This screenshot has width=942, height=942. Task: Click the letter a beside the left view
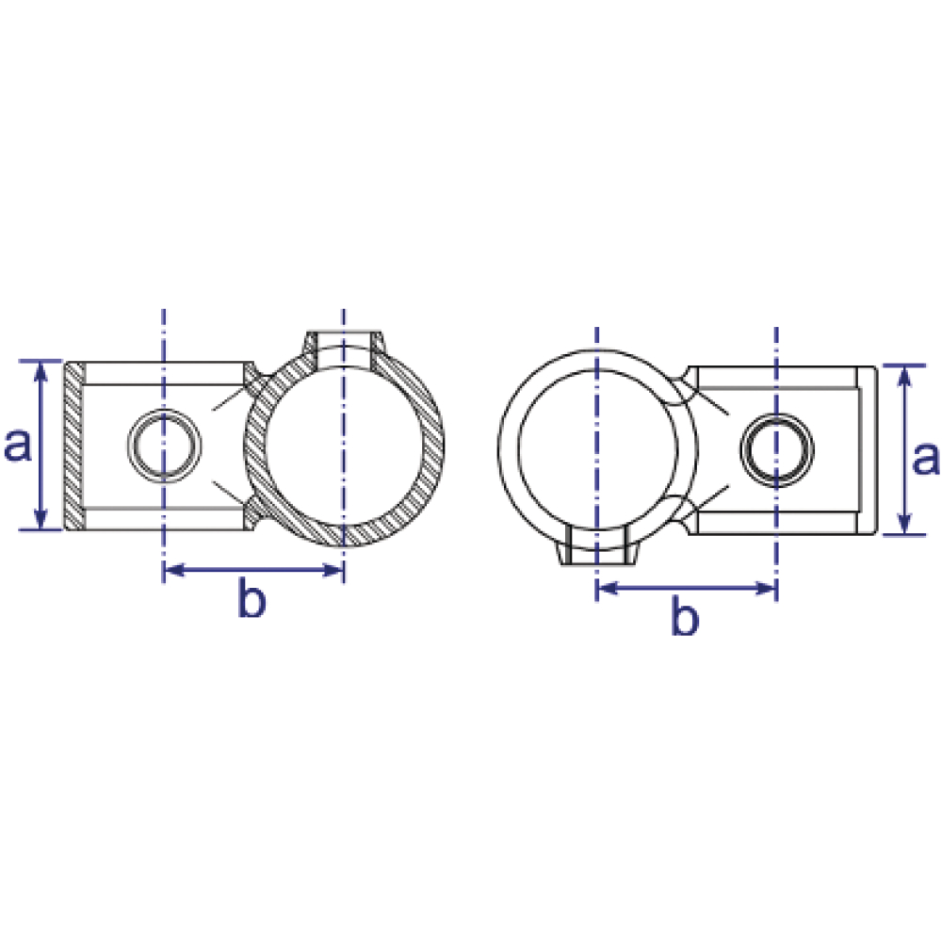click(x=17, y=446)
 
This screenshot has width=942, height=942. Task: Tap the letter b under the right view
click(x=685, y=615)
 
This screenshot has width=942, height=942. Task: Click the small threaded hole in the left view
click(x=163, y=446)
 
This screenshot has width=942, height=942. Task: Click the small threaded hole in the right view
click(x=777, y=449)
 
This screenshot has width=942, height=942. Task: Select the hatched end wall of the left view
click(x=74, y=446)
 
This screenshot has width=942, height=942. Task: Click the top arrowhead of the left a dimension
click(x=41, y=370)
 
